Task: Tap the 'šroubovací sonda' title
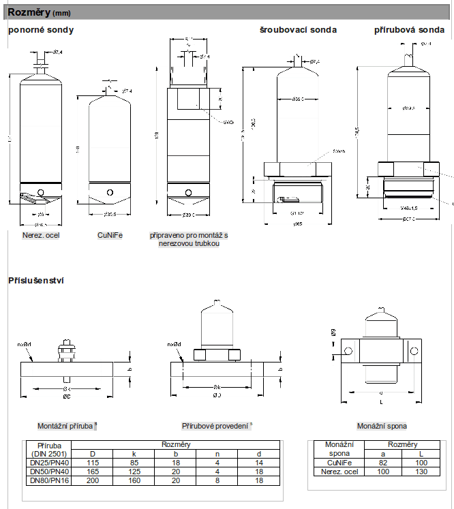click(297, 30)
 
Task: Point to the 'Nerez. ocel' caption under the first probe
click(42, 236)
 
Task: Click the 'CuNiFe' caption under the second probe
click(110, 236)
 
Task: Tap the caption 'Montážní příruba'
click(66, 426)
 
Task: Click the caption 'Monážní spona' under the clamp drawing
click(382, 426)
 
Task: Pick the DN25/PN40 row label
click(48, 462)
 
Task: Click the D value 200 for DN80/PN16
click(92, 480)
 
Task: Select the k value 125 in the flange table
click(134, 471)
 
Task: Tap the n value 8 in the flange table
click(217, 480)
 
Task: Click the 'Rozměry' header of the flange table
click(176, 444)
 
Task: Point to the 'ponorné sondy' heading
click(40, 30)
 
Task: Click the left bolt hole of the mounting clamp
click(348, 351)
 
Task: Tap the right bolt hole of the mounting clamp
click(414, 351)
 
